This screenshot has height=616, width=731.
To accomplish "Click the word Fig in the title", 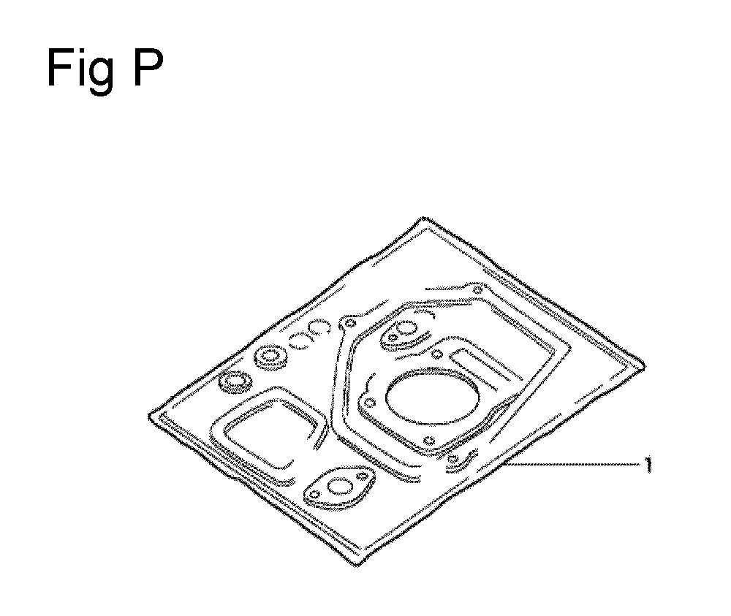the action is pos(80,70).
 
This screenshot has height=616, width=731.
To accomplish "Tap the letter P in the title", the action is pos(148,68).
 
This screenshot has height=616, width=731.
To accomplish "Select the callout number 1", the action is pos(648,464).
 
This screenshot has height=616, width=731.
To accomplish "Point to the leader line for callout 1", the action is pos(572,463).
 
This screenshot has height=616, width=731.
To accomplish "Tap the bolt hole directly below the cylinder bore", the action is pos(429,441).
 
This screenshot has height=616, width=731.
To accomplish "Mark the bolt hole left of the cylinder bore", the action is pos(370,402).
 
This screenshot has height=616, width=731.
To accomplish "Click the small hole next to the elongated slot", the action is pos(437,354).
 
